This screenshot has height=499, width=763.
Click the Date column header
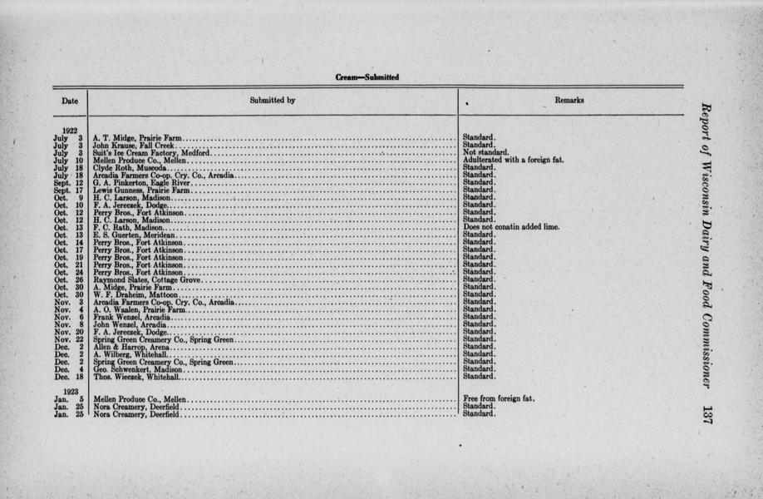point(71,101)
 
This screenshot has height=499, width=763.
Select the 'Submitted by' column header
point(272,101)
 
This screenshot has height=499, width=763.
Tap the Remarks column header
point(569,101)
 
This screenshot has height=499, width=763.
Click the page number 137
point(707,413)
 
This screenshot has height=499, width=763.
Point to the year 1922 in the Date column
point(71,129)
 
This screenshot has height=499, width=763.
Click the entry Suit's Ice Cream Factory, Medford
point(151,153)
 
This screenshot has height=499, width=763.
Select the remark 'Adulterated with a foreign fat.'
point(513,161)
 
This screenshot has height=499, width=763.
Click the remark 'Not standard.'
point(483,153)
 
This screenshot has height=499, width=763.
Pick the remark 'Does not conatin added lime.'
point(511,227)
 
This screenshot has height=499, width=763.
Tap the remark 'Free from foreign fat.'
point(499,398)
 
